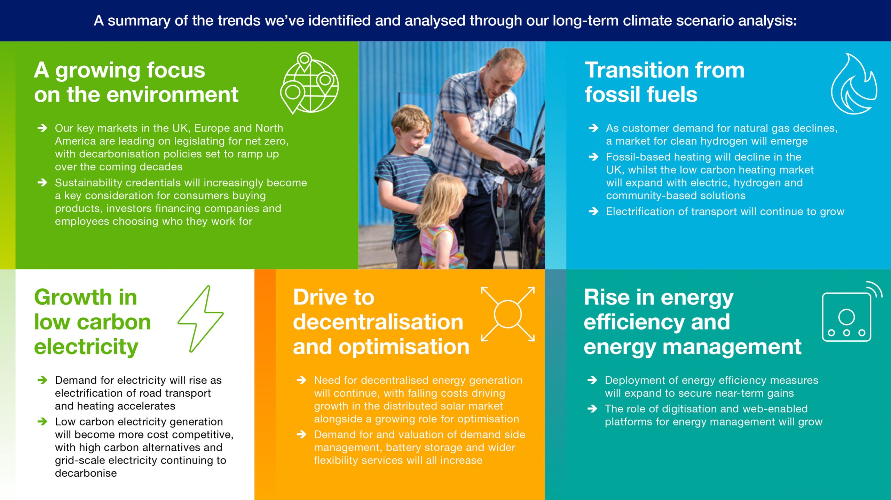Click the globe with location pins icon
(309, 84)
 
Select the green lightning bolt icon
(201, 319)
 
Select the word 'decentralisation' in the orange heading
(378, 322)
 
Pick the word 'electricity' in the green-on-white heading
(86, 347)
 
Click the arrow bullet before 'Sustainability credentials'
(42, 182)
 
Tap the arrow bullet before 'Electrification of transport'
(593, 211)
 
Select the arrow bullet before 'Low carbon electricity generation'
(42, 421)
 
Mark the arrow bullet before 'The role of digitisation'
(592, 408)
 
